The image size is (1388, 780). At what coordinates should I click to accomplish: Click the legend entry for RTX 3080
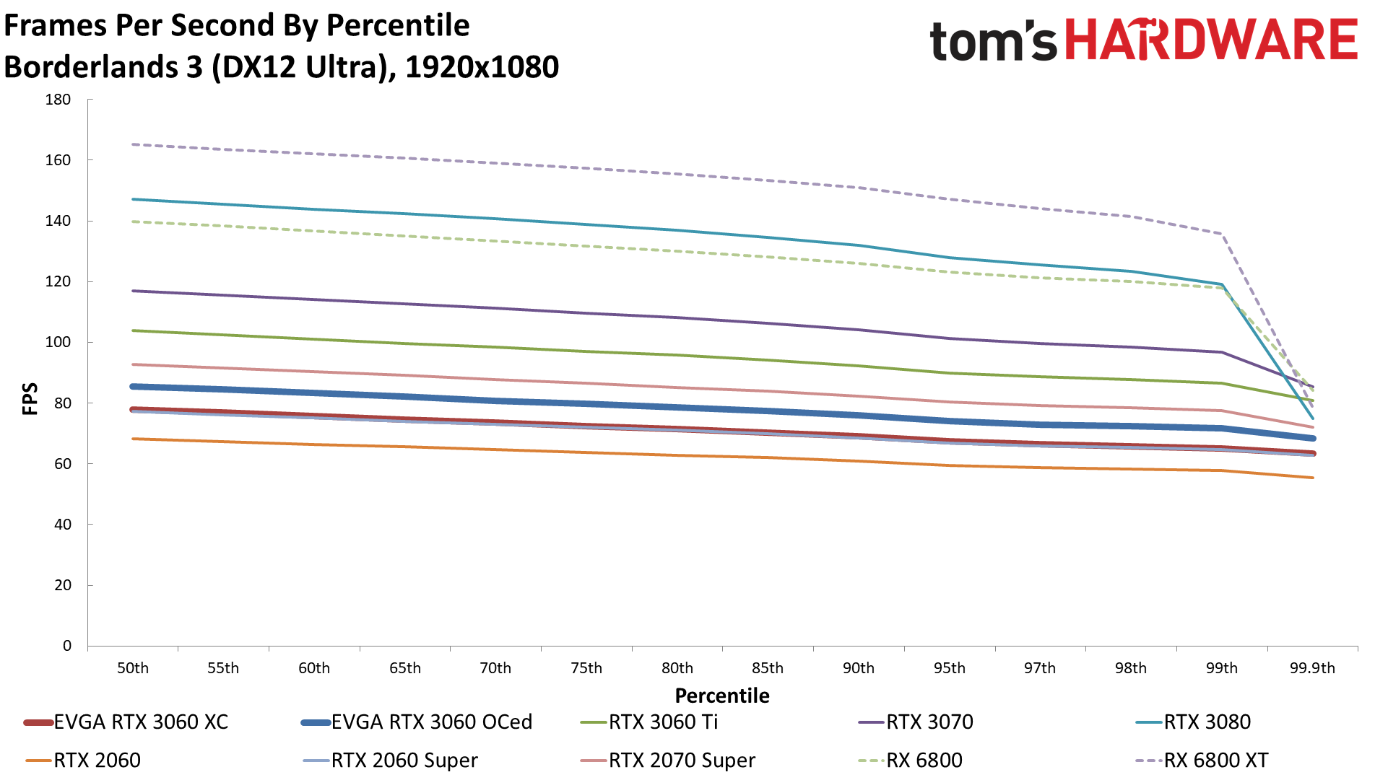(1207, 722)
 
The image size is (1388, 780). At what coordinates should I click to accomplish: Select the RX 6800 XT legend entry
(1215, 760)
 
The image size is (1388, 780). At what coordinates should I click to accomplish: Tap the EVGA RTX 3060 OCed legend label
(431, 722)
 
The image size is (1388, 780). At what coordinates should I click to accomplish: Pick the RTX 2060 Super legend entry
(404, 760)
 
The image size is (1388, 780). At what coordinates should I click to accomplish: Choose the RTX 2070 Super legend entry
(681, 760)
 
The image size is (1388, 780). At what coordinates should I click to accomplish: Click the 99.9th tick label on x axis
(1312, 668)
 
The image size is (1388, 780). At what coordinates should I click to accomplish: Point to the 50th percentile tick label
(133, 668)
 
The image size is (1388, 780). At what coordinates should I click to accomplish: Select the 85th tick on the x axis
(767, 668)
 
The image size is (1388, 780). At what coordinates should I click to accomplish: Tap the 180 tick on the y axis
(58, 100)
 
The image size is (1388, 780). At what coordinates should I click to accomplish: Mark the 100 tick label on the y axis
(58, 342)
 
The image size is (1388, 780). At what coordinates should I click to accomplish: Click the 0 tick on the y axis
(66, 646)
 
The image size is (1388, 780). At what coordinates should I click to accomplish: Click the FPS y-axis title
(30, 399)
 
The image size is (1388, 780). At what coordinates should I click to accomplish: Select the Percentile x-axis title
(722, 696)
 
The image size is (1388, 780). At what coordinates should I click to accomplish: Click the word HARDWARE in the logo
(1211, 40)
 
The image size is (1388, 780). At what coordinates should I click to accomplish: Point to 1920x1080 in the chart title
(482, 67)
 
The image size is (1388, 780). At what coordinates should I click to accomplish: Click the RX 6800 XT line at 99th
(1222, 234)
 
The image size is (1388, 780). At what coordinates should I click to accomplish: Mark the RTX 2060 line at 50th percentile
(133, 439)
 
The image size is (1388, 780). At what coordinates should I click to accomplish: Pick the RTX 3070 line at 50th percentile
(133, 291)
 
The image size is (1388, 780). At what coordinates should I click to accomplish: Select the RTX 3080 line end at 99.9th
(1312, 418)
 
